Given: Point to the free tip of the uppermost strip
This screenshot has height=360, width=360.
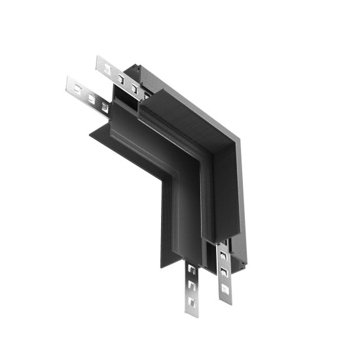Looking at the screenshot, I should click(98, 61).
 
